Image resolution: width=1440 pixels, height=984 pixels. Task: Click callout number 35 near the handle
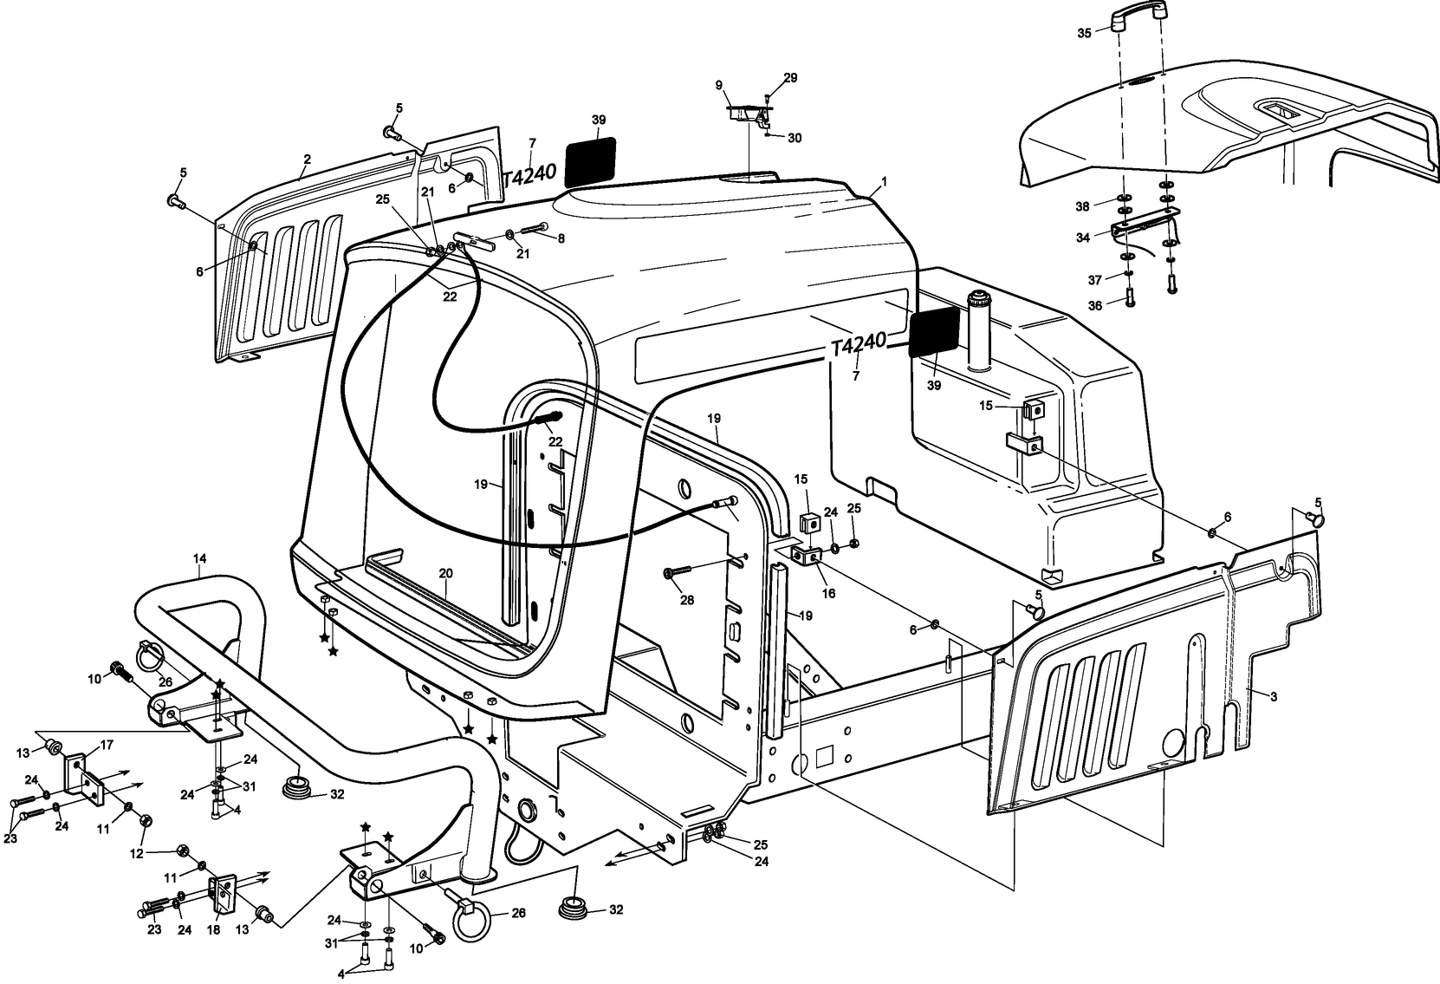[1083, 34]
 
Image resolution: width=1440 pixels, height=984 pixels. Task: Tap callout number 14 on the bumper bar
[200, 559]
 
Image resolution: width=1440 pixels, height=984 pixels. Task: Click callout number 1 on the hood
[884, 182]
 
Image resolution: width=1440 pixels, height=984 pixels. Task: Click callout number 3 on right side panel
[1274, 696]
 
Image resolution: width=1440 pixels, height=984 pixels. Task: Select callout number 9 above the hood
[718, 85]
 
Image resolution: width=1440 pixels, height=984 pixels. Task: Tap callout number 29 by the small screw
[789, 78]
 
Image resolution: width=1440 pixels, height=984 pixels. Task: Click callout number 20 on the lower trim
[446, 574]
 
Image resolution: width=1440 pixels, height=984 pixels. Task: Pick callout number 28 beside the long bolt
[687, 601]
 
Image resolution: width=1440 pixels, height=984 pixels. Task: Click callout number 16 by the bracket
[828, 594]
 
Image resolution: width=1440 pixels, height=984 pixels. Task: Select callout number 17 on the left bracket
[107, 745]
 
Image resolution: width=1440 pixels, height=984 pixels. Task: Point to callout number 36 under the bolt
[1095, 305]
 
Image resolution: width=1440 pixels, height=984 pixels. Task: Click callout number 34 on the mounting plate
[1082, 237]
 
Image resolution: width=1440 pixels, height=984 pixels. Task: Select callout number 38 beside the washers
[1083, 206]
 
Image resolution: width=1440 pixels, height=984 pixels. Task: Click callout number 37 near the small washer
[1095, 279]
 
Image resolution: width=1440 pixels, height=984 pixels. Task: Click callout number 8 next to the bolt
[561, 238]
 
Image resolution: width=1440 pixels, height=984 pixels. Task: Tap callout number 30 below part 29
[795, 138]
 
